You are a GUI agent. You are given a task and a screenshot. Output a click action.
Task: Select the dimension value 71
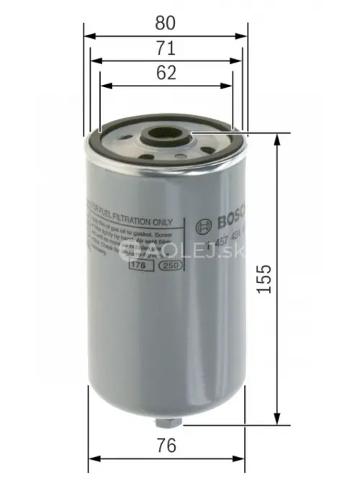click(x=165, y=48)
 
